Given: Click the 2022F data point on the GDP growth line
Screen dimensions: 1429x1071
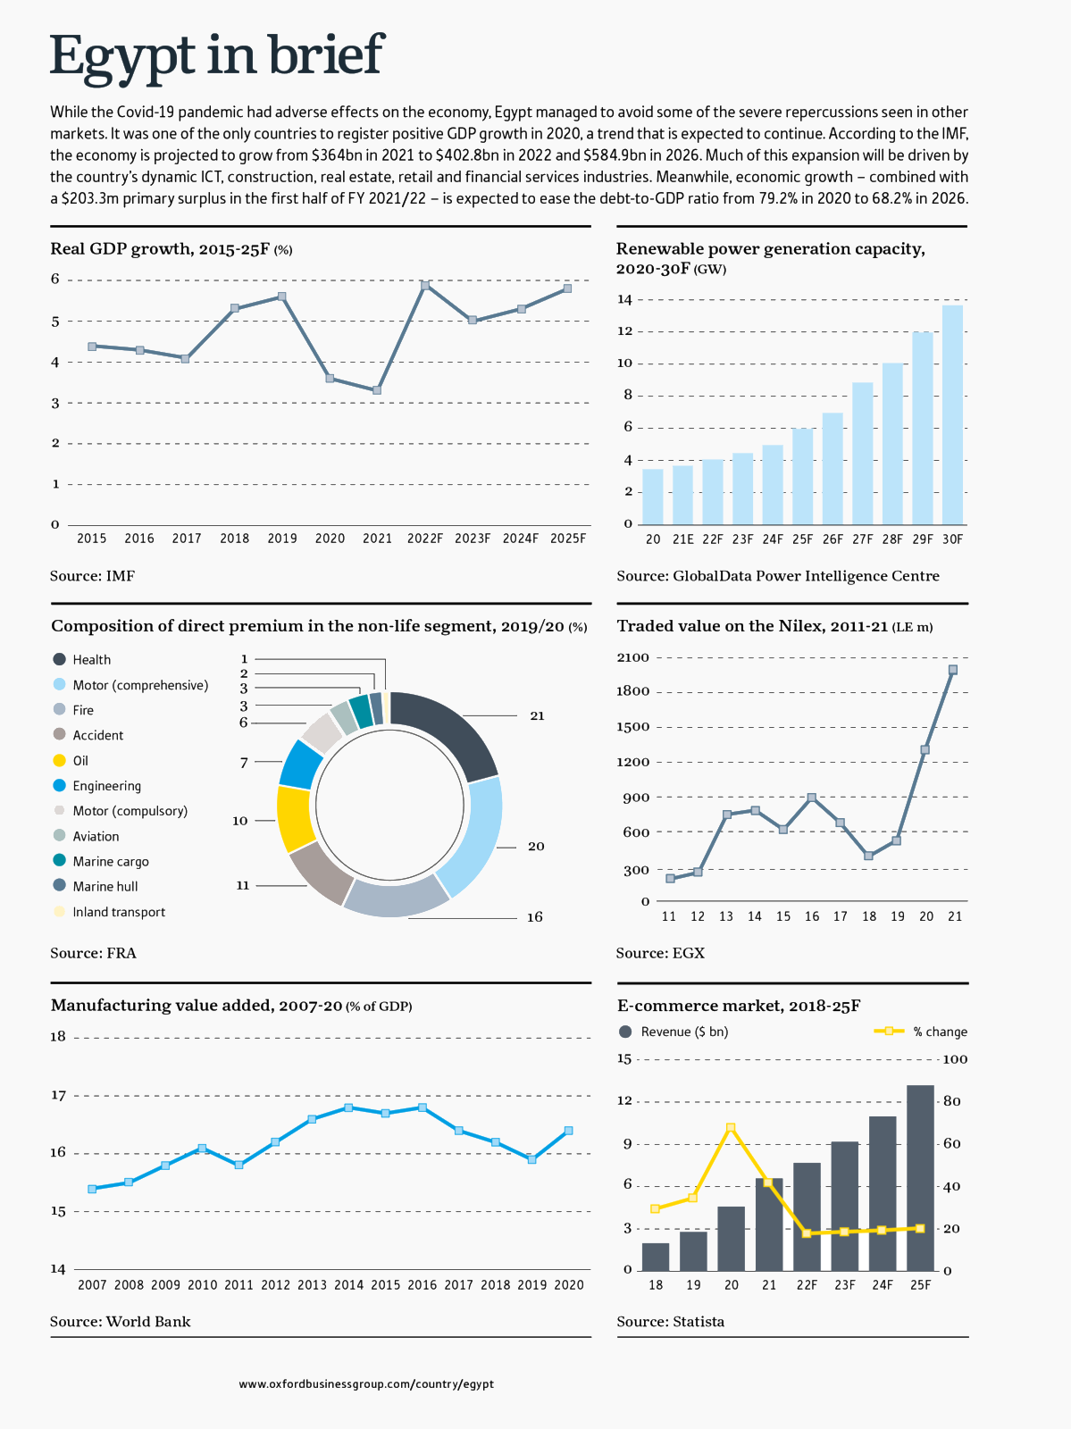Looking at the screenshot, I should (x=425, y=285).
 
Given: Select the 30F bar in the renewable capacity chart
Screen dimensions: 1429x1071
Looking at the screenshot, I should (x=952, y=414).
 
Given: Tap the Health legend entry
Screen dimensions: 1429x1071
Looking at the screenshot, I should (x=91, y=660).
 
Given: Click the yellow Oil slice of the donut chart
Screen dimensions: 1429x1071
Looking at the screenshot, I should (x=296, y=819).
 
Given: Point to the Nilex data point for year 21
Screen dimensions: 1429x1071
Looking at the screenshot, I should (x=953, y=670).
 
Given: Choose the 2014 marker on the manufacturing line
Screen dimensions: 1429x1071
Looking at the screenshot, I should (x=348, y=1107).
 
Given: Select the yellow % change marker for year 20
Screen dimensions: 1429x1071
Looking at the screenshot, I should (x=731, y=1128).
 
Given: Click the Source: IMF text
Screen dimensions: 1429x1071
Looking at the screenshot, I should (x=92, y=576).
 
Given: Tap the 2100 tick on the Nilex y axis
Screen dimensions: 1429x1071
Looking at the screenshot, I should (x=633, y=658).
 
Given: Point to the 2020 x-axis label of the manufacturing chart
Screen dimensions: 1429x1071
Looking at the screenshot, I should (x=569, y=1285).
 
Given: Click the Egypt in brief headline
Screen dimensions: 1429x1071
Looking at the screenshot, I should (x=216, y=55).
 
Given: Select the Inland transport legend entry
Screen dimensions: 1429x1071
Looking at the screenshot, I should (x=118, y=912).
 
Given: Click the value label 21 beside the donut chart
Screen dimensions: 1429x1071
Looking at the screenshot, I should (x=537, y=716).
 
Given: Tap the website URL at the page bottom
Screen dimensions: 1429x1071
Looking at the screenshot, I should (x=366, y=1384).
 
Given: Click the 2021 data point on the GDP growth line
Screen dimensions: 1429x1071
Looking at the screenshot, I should (x=377, y=390).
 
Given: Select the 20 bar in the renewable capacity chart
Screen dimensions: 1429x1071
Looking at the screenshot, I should (x=653, y=497).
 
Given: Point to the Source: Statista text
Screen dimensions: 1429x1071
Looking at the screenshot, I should (x=670, y=1322).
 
